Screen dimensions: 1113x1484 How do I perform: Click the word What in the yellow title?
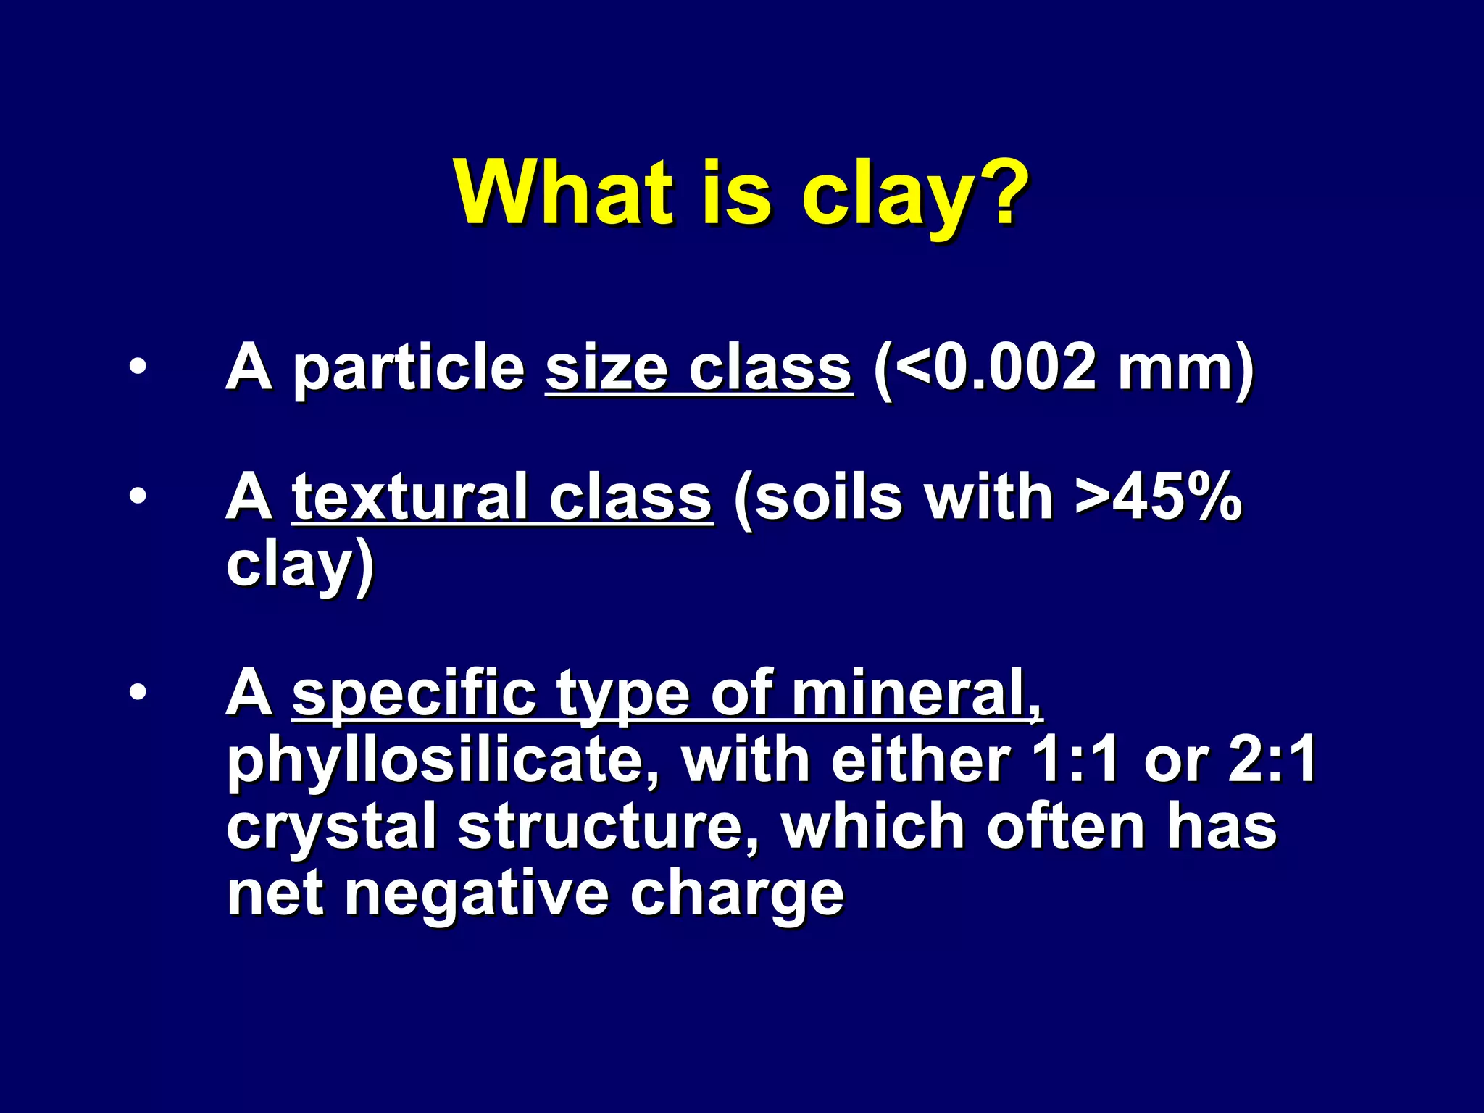click(564, 193)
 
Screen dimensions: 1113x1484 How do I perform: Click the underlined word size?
click(606, 368)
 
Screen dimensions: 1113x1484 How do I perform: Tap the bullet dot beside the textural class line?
click(137, 497)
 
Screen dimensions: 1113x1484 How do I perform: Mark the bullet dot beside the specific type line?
click(137, 693)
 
